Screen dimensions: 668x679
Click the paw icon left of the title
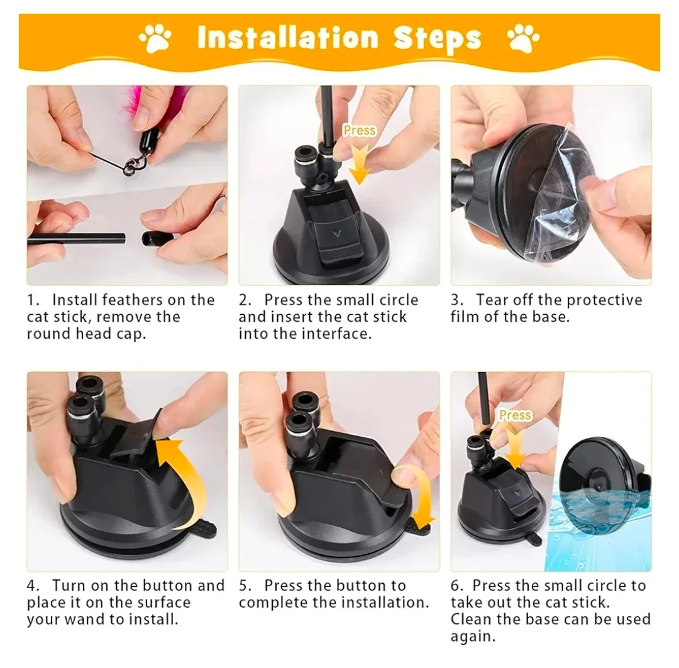[155, 38]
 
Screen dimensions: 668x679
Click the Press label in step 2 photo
[359, 130]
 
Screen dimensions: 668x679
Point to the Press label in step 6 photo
[515, 415]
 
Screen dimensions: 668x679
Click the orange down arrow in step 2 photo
[359, 163]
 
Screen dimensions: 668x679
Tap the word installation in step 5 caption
[384, 603]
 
